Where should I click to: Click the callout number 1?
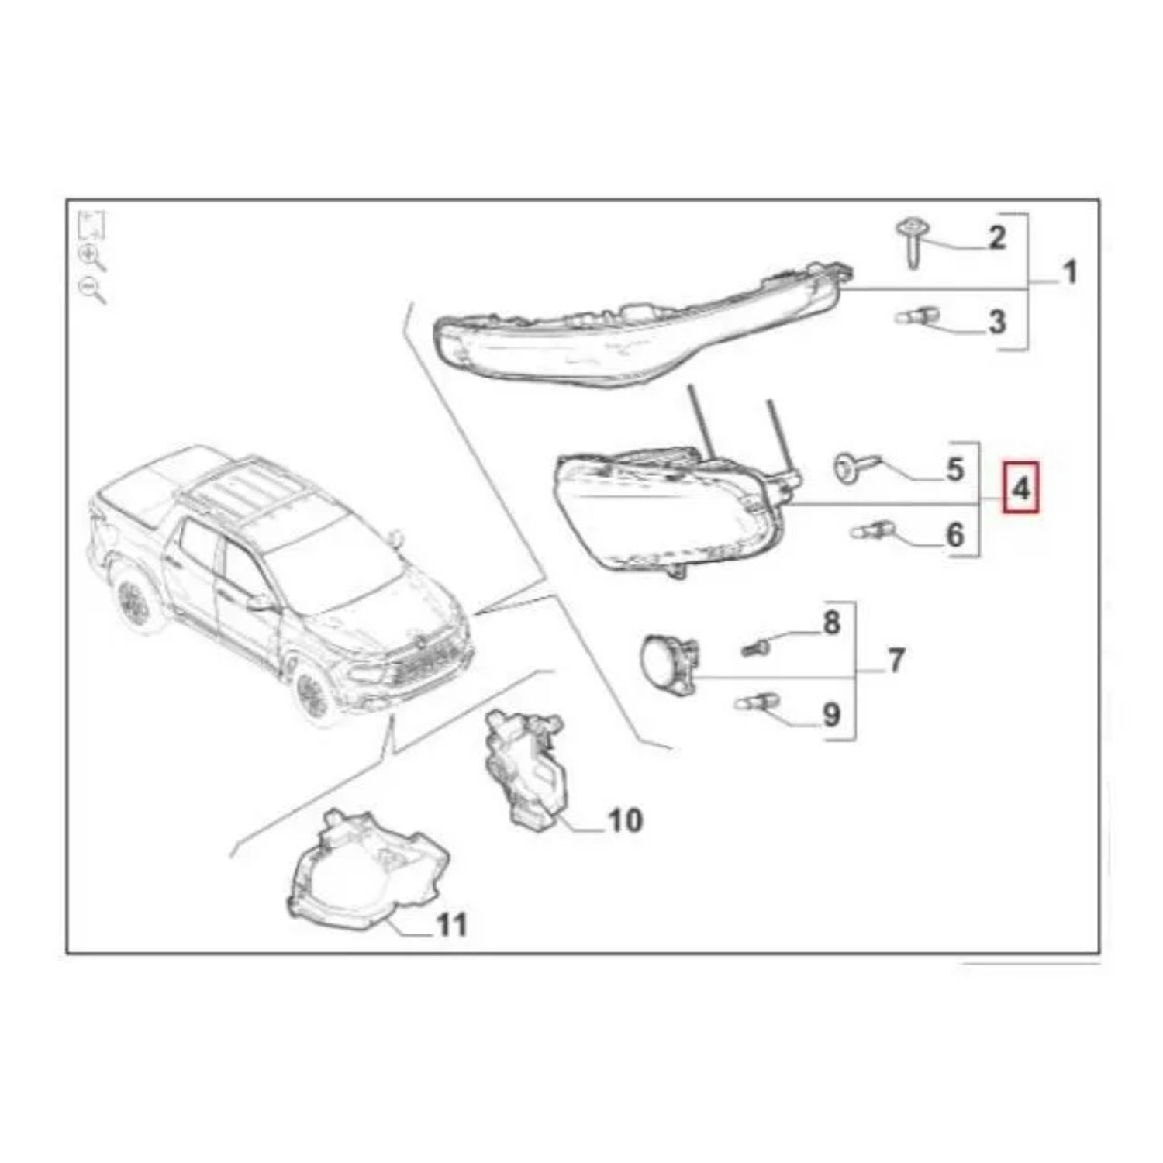point(1068,272)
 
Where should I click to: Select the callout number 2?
point(996,237)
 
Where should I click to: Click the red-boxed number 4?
point(1021,489)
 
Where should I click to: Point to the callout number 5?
point(954,469)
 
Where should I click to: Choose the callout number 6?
point(954,535)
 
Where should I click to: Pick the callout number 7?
point(896,661)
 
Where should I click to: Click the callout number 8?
point(831,623)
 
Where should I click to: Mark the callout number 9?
point(831,714)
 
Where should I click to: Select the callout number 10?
point(626,820)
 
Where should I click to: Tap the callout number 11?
point(452,924)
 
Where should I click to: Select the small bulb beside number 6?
point(873,532)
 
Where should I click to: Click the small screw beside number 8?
point(756,645)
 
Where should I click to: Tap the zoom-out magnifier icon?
point(92,290)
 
